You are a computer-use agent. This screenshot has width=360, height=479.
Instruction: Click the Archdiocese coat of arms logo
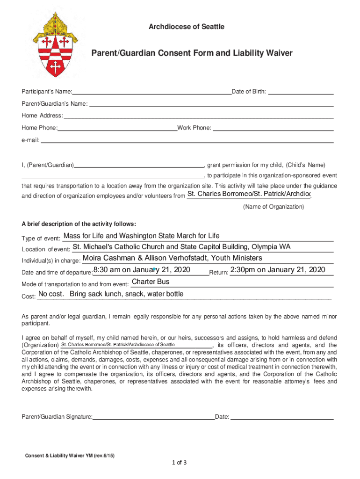point(55,45)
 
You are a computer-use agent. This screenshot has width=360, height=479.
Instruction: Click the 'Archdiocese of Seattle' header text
point(186,27)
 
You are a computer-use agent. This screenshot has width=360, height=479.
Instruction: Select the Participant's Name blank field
point(152,91)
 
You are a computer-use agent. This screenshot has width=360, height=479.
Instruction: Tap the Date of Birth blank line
point(302,91)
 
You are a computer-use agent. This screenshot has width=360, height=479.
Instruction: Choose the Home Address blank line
point(198,115)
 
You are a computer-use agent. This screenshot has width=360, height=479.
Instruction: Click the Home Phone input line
point(117,127)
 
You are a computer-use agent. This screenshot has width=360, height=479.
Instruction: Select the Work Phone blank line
point(274,127)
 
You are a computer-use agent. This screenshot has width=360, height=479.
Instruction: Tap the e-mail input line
point(187,139)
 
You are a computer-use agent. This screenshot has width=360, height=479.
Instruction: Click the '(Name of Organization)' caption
point(274,207)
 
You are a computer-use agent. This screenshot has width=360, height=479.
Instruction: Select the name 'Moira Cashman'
point(107,258)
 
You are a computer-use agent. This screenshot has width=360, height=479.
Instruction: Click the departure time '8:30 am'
point(107,270)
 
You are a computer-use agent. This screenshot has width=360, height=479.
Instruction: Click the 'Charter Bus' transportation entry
point(151,282)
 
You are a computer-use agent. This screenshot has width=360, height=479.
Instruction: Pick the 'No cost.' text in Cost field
point(51,294)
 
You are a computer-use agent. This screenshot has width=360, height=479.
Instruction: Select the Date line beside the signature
point(282,416)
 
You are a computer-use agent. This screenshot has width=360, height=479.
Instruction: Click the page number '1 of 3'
point(180,463)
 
